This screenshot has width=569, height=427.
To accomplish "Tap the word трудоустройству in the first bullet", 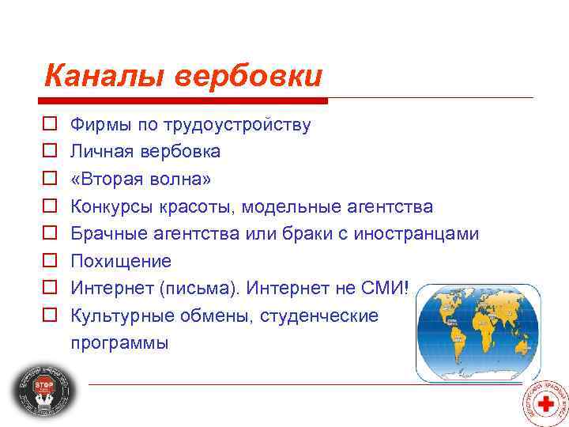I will [237, 125].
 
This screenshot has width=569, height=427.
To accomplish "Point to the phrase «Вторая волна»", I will [141, 179].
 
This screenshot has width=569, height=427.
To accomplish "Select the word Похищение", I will [121, 261].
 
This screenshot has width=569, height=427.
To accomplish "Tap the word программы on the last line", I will [119, 344].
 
